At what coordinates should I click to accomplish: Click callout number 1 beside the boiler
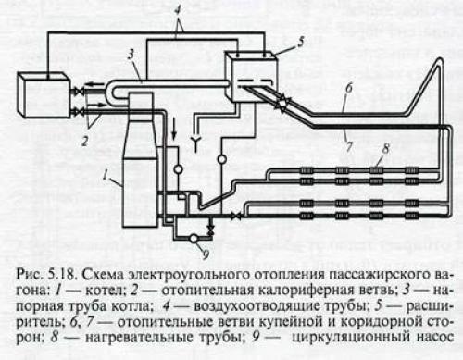click(106, 174)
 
